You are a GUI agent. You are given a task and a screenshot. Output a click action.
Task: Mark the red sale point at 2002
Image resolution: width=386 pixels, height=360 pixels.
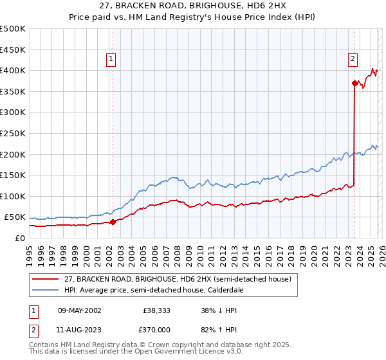[113, 222]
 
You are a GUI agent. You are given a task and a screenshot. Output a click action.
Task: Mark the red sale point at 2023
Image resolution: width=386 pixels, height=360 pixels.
[354, 83]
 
